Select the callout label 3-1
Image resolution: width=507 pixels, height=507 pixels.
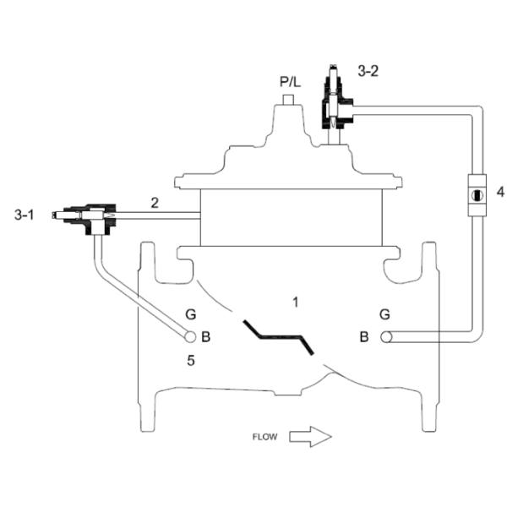[x=25, y=216]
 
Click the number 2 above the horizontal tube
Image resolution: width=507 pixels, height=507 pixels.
[x=155, y=202]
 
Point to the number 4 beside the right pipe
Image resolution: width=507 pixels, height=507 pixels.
[x=500, y=192]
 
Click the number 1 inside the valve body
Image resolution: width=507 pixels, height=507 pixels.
[x=294, y=301]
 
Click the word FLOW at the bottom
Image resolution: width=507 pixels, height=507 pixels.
[x=264, y=437]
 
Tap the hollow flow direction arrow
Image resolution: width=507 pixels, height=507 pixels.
[x=310, y=437]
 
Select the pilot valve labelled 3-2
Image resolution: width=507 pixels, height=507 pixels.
[x=335, y=100]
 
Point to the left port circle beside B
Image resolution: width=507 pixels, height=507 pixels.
[x=191, y=336]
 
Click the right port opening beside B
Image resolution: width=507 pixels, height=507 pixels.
[x=387, y=336]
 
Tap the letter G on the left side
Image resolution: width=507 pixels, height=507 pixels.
[x=191, y=314]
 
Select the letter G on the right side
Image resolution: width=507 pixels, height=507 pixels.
[x=385, y=314]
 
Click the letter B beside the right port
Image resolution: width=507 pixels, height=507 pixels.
[x=364, y=337]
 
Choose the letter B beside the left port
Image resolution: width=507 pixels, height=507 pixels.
[x=206, y=336]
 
